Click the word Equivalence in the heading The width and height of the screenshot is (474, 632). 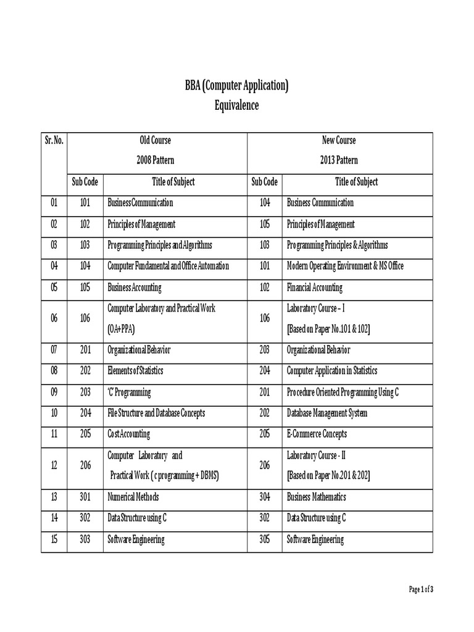click(x=236, y=106)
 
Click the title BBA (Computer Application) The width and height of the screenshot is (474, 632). click(x=236, y=85)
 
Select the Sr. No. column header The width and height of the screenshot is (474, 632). click(x=54, y=140)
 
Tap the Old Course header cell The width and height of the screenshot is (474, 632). click(x=155, y=140)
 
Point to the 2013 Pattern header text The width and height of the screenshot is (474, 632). click(x=339, y=160)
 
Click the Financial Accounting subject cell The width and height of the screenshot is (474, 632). click(x=314, y=288)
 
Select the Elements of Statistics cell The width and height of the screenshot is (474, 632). click(x=135, y=372)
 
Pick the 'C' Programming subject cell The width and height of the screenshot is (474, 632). click(x=129, y=393)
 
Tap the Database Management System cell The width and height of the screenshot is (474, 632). click(x=326, y=414)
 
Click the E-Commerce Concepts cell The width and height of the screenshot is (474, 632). click(x=317, y=434)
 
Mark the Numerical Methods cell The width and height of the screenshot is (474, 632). click(x=133, y=497)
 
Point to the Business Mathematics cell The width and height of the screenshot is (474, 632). click(x=316, y=497)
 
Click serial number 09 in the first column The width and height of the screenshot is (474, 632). click(x=54, y=393)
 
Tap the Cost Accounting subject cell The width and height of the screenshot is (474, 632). click(x=130, y=434)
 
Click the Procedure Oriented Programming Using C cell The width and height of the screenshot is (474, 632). click(x=343, y=393)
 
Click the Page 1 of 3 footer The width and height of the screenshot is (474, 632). click(x=422, y=590)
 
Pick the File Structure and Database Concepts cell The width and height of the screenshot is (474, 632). click(x=156, y=414)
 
